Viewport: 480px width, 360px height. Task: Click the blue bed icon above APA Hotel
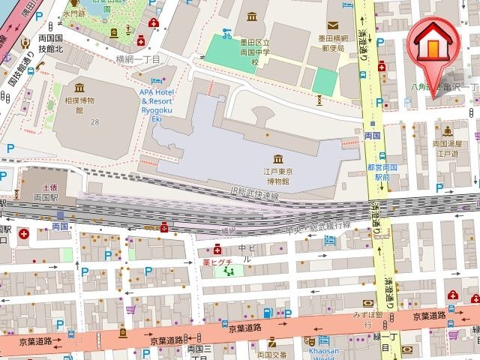point(156,79)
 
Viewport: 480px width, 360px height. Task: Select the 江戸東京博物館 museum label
point(277,176)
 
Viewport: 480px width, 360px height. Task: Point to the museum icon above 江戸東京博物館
point(278,158)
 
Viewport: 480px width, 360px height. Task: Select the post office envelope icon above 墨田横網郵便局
point(330,25)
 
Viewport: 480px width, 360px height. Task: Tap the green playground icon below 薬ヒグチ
point(221,271)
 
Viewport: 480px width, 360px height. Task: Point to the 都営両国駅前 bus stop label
point(379,172)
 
